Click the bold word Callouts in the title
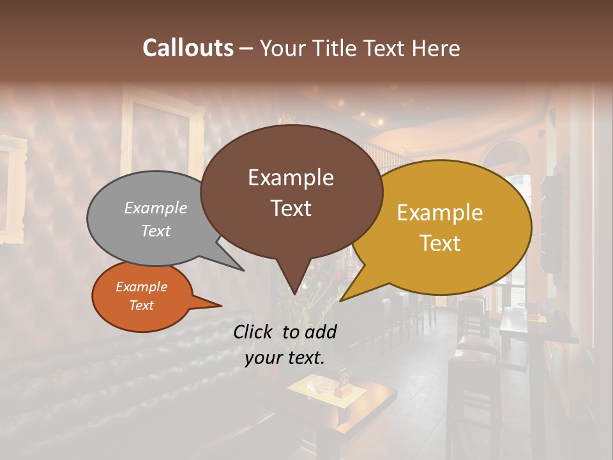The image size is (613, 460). [188, 48]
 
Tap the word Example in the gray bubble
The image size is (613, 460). [156, 208]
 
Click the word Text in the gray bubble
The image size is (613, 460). [156, 231]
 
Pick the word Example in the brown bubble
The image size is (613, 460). [291, 178]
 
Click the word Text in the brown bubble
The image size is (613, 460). [291, 208]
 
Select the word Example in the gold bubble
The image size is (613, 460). [440, 213]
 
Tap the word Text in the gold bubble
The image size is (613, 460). [440, 243]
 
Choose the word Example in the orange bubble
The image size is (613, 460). [141, 287]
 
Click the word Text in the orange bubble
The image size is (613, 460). [141, 305]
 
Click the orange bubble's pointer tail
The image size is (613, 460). [214, 305]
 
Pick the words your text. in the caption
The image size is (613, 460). [285, 358]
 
